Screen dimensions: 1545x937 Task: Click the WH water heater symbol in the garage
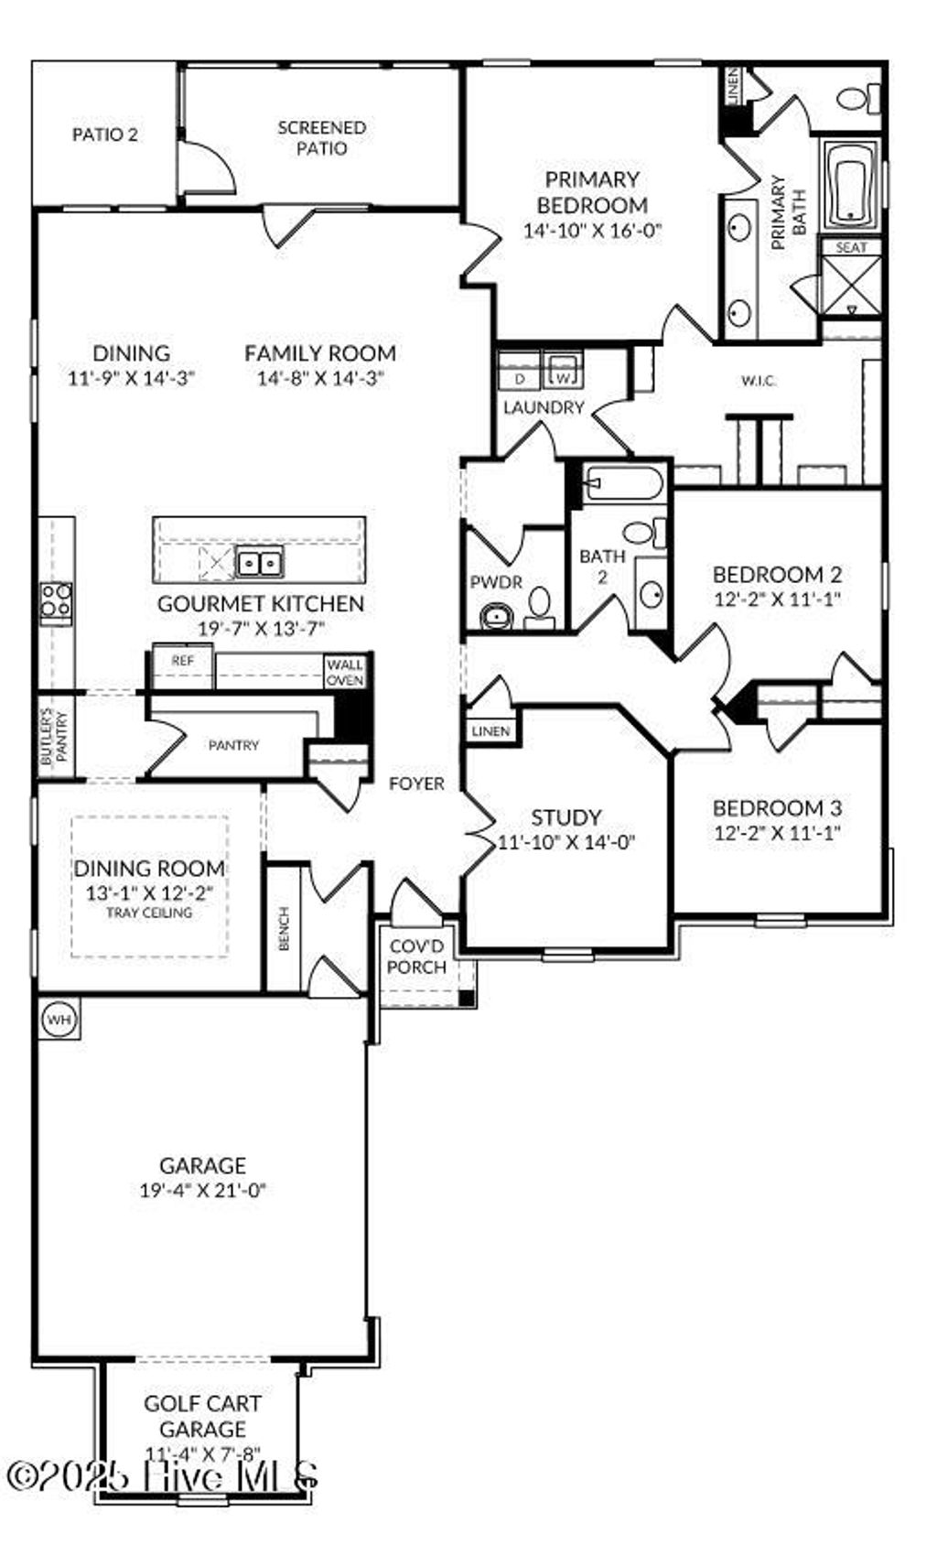[59, 1018]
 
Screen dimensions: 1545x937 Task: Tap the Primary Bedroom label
[591, 192]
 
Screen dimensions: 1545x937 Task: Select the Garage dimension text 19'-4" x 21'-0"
[202, 1190]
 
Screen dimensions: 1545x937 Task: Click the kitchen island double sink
[259, 563]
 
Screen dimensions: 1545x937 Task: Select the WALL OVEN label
[345, 673]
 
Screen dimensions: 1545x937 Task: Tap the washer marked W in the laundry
[564, 374]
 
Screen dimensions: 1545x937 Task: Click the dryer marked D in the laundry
[520, 378]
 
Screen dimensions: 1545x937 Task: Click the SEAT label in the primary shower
[851, 248]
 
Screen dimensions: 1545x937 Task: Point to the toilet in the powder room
[540, 605]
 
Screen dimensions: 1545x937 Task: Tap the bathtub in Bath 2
[623, 481]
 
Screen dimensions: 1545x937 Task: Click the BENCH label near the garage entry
[284, 928]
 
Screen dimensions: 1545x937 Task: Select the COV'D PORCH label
[416, 956]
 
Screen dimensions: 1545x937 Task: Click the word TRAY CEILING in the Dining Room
[149, 913]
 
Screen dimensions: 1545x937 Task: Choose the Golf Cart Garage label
[202, 1416]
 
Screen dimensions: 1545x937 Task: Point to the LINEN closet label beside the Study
[490, 731]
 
